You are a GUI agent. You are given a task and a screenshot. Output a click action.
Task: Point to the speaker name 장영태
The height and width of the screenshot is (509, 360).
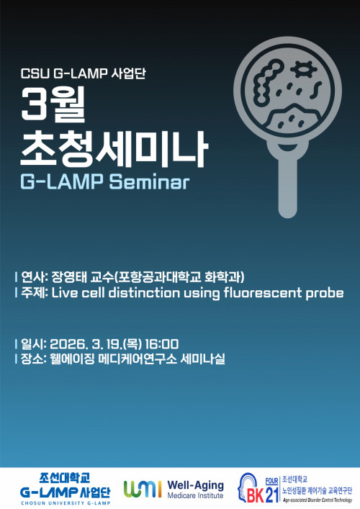pos(71,277)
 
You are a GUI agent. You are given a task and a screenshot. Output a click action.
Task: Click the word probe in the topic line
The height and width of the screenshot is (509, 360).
pos(327,294)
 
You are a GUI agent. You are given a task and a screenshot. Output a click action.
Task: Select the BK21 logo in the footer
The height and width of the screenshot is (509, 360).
pos(257,487)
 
